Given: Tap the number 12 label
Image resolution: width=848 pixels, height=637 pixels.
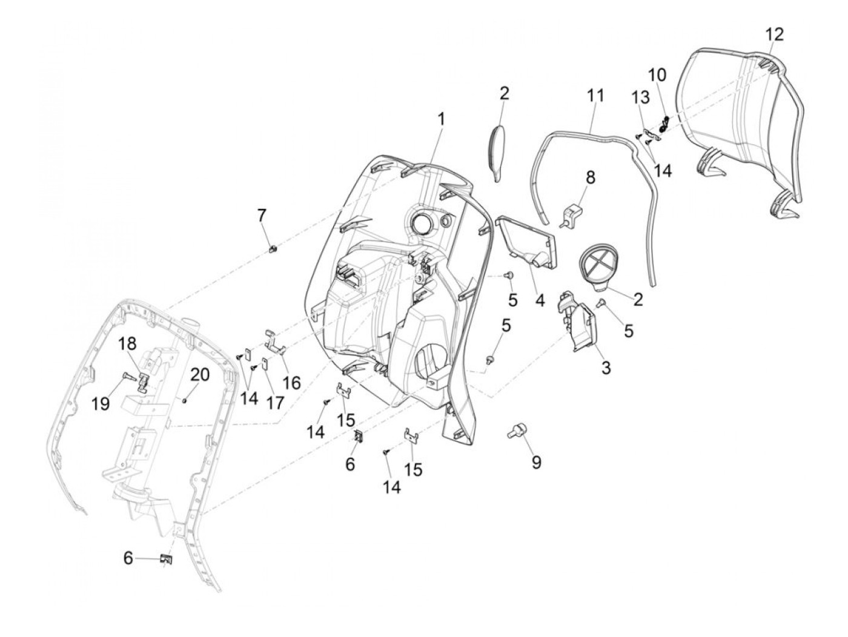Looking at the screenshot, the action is (x=774, y=35).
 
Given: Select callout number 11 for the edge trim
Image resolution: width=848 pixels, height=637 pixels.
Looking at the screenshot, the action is (x=595, y=96).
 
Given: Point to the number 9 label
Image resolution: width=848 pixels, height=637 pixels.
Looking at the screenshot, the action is (x=536, y=463).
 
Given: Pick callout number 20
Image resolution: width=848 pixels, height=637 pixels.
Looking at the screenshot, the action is (x=200, y=375).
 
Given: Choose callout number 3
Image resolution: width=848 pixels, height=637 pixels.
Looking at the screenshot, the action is (x=606, y=367).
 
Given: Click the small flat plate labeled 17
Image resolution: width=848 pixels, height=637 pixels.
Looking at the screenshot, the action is (x=264, y=365).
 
